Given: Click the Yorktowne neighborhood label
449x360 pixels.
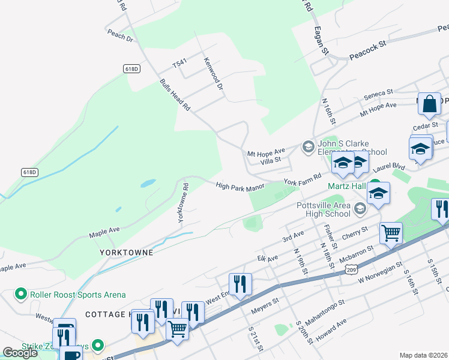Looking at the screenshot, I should coord(127,253).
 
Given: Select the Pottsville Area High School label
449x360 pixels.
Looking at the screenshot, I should coord(324,209).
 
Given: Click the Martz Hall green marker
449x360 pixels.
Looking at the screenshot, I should coord(375,184).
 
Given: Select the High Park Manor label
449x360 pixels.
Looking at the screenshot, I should coord(240,187).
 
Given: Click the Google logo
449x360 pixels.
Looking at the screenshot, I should coord(20,353).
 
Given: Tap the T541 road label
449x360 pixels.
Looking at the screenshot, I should coord(180,62).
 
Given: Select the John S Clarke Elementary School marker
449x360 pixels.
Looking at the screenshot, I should coord(308,147).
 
